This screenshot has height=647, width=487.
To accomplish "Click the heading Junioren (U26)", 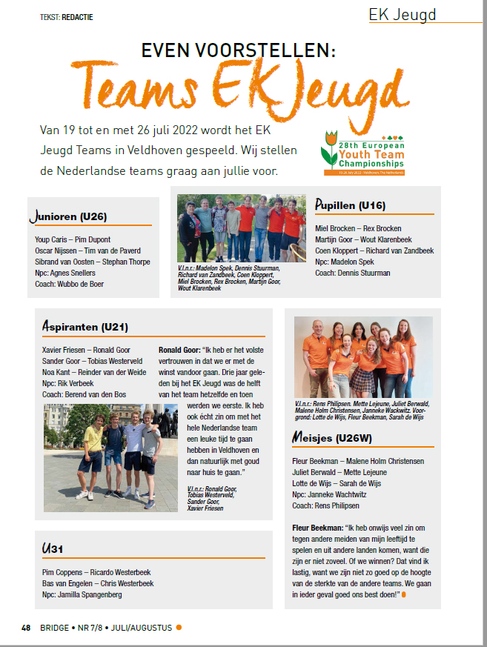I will pyautogui.click(x=69, y=216).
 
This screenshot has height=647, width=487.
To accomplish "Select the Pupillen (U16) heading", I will pyautogui.click(x=350, y=205).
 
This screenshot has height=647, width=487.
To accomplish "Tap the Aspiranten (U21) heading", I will pyautogui.click(x=83, y=327).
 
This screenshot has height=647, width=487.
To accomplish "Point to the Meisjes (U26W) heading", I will pyautogui.click(x=339, y=439).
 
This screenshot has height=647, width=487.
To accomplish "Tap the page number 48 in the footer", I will pyautogui.click(x=26, y=628).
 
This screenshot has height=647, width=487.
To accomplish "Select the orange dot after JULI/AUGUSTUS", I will pyautogui.click(x=179, y=628).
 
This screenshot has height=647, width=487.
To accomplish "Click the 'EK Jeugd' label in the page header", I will pyautogui.click(x=402, y=15).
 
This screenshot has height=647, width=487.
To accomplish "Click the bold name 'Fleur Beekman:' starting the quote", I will pyautogui.click(x=322, y=527).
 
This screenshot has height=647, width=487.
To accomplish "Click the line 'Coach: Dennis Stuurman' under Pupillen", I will pyautogui.click(x=352, y=273).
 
